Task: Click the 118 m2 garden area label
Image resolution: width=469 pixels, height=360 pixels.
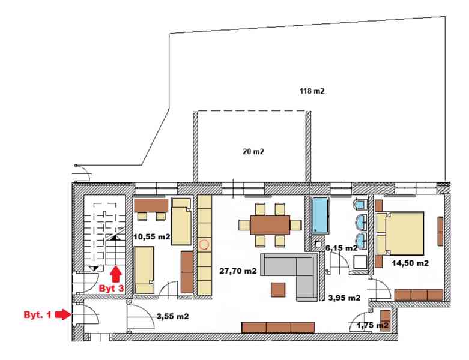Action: [x=312, y=91]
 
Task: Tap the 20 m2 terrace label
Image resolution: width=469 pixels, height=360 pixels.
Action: [x=253, y=151]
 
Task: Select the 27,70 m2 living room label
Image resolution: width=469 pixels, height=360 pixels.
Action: [x=238, y=271]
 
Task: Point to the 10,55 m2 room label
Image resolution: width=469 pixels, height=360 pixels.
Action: [x=152, y=237]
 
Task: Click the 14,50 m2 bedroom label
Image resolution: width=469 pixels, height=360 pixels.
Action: [x=410, y=263]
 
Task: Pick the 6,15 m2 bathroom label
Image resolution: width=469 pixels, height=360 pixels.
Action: [x=341, y=248]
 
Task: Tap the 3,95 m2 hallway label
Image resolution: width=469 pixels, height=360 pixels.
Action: [x=344, y=298]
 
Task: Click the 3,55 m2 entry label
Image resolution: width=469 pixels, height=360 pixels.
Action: [x=172, y=316]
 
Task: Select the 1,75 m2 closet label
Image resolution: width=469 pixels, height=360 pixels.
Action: [x=372, y=325]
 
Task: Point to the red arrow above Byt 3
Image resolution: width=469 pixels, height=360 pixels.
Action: [x=116, y=274]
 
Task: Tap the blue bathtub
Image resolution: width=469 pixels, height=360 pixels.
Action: [x=320, y=215]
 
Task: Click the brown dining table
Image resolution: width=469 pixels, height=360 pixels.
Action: [x=270, y=224]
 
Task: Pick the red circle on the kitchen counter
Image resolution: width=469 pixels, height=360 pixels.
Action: [x=204, y=245]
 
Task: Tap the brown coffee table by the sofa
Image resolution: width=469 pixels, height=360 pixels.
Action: [x=278, y=289]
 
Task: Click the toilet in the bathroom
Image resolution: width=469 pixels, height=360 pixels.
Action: [x=359, y=204]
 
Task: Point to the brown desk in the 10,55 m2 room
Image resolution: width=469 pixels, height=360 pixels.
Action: [x=151, y=205]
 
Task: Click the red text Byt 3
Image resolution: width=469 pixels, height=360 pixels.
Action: [x=111, y=289]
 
